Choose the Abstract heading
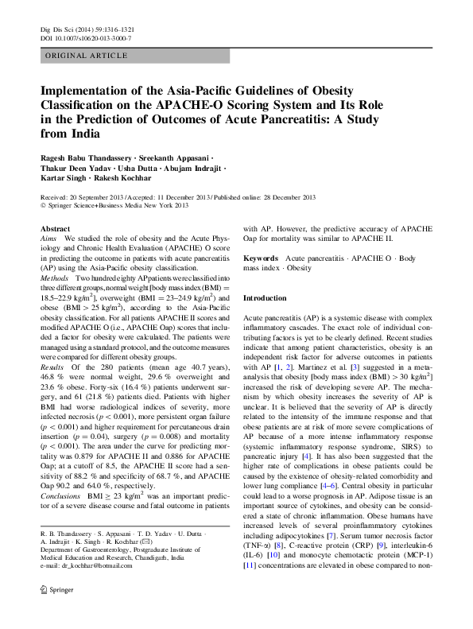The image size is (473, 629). click(x=55, y=228)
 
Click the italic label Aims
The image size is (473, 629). click(x=48, y=239)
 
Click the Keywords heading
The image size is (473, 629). click(x=260, y=258)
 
